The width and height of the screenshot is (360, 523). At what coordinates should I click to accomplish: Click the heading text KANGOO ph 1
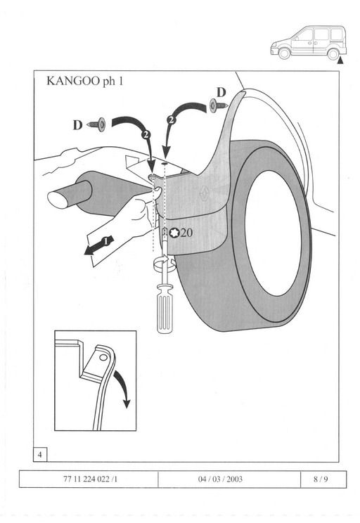coord(85,81)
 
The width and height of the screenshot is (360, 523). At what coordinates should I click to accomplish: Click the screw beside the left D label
coord(96,124)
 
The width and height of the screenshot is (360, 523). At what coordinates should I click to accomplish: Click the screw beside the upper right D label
coord(219,105)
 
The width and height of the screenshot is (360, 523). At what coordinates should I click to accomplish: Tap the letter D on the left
coord(78,125)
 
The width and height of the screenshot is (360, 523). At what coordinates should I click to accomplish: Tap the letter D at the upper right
coord(221,92)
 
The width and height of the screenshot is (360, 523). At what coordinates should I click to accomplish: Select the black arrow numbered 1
coord(99,245)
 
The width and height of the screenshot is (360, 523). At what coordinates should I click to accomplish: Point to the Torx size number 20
coord(186,233)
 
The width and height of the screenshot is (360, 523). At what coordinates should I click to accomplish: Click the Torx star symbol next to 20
coord(174,233)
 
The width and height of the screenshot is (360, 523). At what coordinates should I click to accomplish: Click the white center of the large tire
coord(273,233)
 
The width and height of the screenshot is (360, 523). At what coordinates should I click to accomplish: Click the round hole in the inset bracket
coord(103,358)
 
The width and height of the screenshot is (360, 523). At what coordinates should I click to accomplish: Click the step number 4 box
coord(40,454)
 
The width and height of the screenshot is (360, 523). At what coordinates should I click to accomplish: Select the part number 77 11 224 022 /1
coord(90,479)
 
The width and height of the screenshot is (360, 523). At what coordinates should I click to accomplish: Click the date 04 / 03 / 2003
coord(220,479)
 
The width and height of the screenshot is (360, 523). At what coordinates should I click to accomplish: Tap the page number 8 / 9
coord(321,479)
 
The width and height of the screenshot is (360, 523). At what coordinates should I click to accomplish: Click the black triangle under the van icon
coord(340,60)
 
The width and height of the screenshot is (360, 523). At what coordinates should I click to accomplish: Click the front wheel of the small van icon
coord(284,53)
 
